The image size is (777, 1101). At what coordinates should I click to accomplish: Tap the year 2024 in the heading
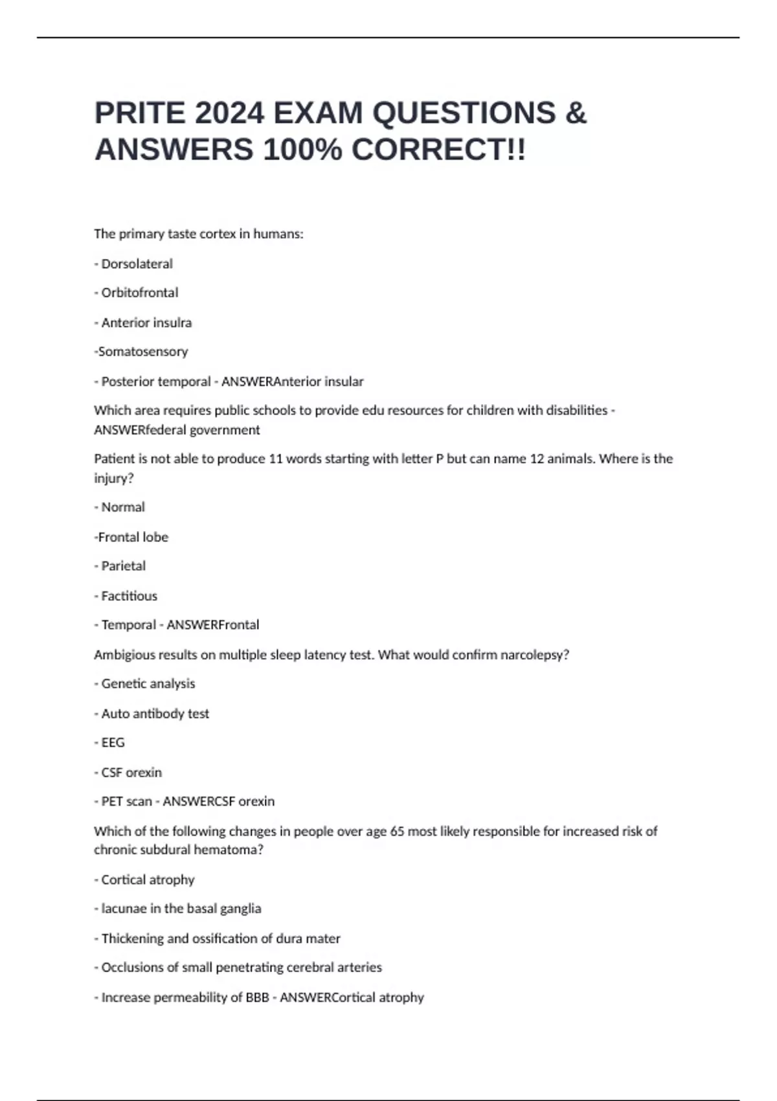click(x=229, y=113)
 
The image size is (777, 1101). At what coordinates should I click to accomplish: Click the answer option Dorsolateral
click(x=137, y=264)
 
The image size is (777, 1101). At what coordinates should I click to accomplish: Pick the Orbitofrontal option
click(x=139, y=293)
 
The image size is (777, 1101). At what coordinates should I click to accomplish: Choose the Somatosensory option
click(x=142, y=352)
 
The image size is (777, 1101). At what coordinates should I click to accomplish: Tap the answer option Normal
click(x=123, y=507)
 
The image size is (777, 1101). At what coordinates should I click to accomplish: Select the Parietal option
click(x=123, y=566)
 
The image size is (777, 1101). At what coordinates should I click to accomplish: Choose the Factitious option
click(x=129, y=596)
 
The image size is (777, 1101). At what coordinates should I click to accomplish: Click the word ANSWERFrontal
click(x=213, y=625)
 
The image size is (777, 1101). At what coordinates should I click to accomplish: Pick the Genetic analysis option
click(x=148, y=684)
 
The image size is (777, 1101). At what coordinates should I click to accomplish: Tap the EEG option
click(x=113, y=743)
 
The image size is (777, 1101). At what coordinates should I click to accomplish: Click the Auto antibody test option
click(x=155, y=714)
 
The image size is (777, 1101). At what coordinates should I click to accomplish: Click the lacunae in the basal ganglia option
click(x=181, y=909)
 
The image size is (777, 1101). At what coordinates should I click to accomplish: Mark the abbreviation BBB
click(x=257, y=997)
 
